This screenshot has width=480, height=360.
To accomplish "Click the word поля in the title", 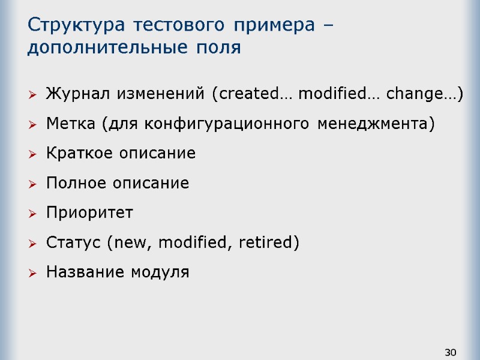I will (x=218, y=47).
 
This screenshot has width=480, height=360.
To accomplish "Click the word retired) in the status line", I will (x=268, y=242).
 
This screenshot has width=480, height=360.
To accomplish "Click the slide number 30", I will (x=451, y=352).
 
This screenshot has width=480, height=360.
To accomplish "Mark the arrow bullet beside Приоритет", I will (x=32, y=214).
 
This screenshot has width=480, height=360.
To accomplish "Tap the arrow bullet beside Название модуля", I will (x=32, y=273).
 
